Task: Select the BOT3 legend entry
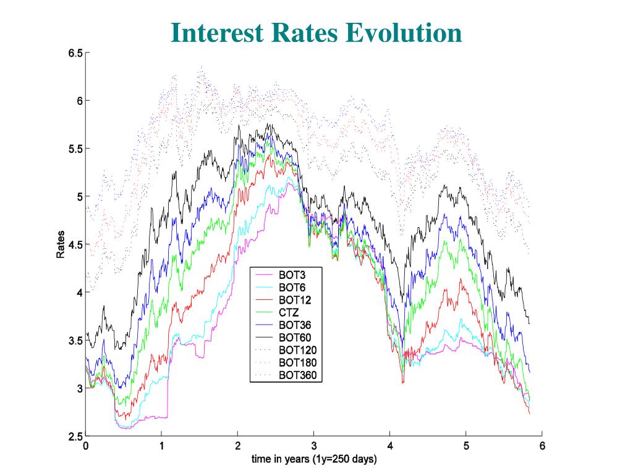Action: (289, 275)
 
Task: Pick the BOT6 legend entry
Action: (289, 288)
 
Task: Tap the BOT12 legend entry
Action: (291, 300)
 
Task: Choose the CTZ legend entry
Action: (287, 312)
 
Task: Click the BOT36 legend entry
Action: (291, 325)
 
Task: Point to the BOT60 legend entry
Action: (291, 337)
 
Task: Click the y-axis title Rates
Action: (61, 245)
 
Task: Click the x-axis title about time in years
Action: (313, 459)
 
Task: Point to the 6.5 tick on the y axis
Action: (75, 53)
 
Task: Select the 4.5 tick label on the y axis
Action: (75, 245)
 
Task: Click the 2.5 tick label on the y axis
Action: (75, 437)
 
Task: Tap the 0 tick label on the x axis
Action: (86, 446)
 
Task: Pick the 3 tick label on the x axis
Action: (314, 446)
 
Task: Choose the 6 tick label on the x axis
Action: (542, 446)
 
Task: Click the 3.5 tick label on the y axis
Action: (75, 341)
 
